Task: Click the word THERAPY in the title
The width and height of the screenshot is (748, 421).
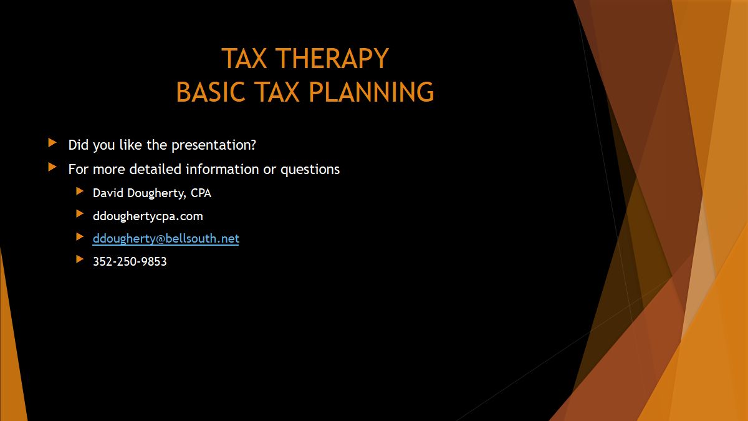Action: coord(332,59)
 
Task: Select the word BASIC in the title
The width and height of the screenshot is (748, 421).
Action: coord(211,92)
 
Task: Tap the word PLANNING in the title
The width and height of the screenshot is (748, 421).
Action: coord(372,92)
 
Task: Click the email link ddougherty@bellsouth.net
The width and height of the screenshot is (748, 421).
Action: coord(166,238)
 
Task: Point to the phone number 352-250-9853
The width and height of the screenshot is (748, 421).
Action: coord(130,261)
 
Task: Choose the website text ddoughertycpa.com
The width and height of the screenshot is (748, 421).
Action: coord(148,216)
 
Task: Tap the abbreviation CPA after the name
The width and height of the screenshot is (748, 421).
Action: coord(201,193)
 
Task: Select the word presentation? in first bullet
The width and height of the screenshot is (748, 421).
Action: coord(214,145)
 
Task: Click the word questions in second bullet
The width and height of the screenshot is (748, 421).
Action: coord(310,170)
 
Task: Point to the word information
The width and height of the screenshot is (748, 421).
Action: coord(222,169)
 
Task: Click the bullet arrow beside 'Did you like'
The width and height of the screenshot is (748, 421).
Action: coord(52,143)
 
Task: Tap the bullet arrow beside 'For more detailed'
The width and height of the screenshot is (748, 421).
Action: coord(52,167)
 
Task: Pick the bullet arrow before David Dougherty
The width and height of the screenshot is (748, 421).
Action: coord(80,191)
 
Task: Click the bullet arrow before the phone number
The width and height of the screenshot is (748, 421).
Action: coord(80,259)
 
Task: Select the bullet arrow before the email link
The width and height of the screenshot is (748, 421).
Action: coord(80,236)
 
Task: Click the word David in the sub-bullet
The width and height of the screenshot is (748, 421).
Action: coord(108,193)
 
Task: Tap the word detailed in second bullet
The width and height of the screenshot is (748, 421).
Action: coord(155,169)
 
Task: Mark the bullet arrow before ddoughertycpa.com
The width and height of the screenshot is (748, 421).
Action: coord(80,214)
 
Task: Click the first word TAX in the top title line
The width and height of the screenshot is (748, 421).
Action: coord(244,59)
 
